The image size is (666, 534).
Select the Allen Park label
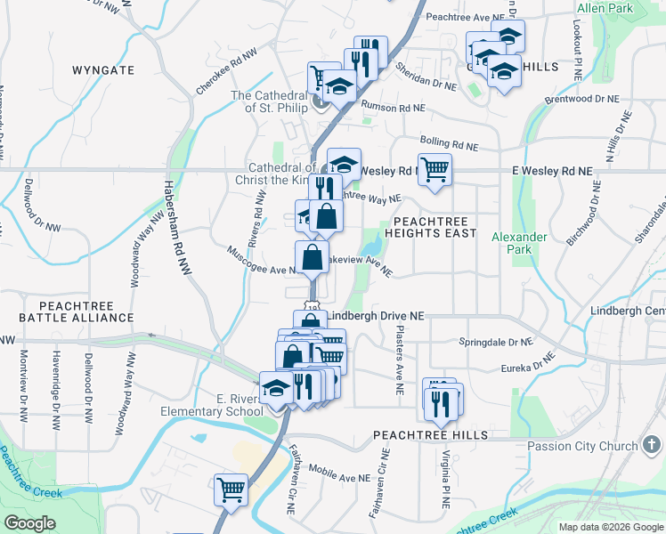tap(605, 8)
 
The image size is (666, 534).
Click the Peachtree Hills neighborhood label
tap(430, 434)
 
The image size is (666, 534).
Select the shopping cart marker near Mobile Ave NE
tap(231, 488)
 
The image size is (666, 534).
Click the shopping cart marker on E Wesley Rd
tap(435, 168)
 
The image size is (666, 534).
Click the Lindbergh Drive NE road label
tap(376, 316)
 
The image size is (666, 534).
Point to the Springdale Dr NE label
tap(494, 342)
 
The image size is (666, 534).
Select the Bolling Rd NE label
tap(448, 146)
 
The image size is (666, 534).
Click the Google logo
tap(29, 523)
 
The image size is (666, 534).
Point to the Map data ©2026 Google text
tap(611, 527)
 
